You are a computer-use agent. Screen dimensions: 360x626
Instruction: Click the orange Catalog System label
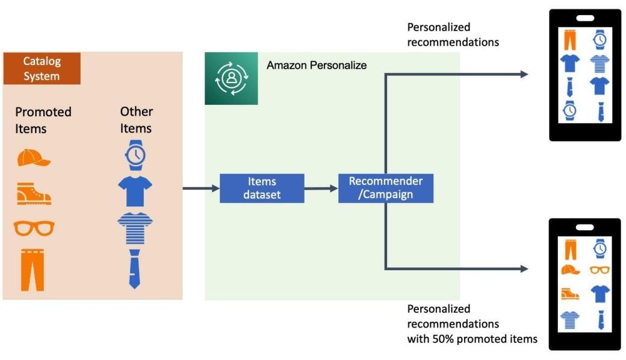point(42,69)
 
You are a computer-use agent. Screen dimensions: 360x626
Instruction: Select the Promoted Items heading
point(43,120)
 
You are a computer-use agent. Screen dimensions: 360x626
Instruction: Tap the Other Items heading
point(136,119)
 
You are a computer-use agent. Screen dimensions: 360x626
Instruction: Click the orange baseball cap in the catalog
point(34,158)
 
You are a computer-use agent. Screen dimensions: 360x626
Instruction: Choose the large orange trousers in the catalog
point(33,269)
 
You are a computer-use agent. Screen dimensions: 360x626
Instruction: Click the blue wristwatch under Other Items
point(135,155)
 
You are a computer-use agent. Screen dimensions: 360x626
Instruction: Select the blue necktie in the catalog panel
point(135,268)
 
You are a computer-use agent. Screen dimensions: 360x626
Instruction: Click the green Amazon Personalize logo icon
point(231,78)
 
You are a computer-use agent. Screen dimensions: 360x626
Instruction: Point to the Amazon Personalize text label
point(317,65)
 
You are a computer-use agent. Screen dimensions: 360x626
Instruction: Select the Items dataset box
point(262,188)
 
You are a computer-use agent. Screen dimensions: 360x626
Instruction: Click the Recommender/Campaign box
point(386,188)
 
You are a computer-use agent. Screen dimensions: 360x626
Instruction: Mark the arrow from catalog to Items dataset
point(201,188)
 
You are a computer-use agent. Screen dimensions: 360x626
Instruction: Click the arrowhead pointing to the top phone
point(524,74)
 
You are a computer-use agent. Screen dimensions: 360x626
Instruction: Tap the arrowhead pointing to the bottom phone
point(524,268)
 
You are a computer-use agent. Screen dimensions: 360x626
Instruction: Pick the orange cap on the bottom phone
point(570,270)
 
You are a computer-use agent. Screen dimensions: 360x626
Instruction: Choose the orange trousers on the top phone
point(569,40)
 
